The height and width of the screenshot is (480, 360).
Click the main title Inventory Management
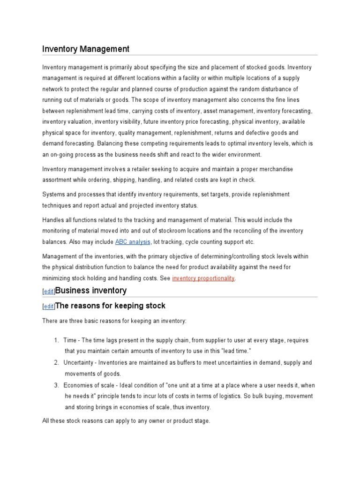coord(86,49)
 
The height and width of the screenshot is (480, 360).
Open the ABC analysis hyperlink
coord(133,242)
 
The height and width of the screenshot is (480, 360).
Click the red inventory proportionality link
coord(203,278)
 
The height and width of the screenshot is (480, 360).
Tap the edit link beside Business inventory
coord(49,292)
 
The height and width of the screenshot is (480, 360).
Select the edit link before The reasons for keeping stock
coord(49,307)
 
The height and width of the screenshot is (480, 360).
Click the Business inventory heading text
coord(91,291)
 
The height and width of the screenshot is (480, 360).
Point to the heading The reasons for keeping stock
coord(110,306)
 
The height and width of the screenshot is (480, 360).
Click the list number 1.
coord(56,340)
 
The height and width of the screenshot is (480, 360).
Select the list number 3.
coord(56,385)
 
